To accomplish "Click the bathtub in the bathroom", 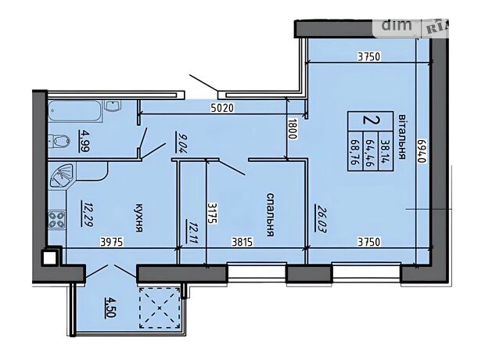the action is click(x=74, y=112).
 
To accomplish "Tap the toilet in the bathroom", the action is click(x=59, y=141).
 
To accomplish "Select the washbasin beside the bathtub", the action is click(x=113, y=106).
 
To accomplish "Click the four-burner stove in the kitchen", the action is click(x=57, y=219).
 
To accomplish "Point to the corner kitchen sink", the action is click(x=61, y=175).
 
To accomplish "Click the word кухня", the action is click(x=139, y=218).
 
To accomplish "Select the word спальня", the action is click(x=270, y=214).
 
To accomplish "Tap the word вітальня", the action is click(x=401, y=136).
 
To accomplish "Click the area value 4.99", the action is click(x=84, y=141).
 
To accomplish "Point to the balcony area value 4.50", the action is click(x=110, y=307).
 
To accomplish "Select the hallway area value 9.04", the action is click(x=179, y=142).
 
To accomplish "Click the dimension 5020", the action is click(x=222, y=108).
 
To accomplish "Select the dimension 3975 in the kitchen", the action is click(x=112, y=242).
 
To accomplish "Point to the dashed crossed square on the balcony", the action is click(x=160, y=308).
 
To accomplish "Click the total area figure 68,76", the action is click(x=354, y=151).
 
